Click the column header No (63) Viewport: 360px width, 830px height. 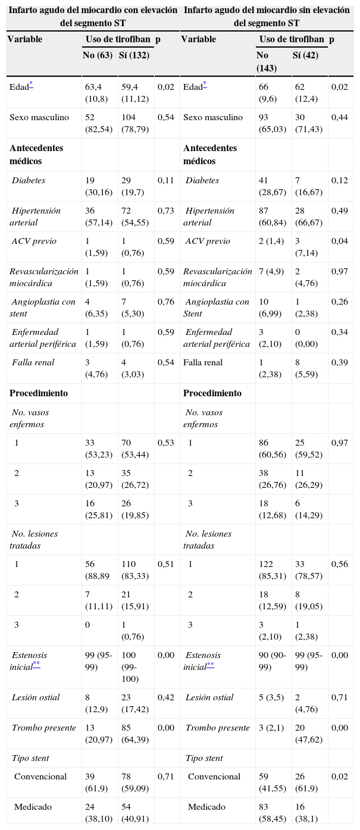click(99, 55)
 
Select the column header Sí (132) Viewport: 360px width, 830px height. click(135, 55)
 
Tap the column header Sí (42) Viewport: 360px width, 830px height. click(305, 55)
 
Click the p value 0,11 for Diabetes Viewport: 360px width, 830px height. click(166, 180)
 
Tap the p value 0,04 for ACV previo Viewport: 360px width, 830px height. click(339, 241)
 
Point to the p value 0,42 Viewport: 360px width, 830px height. click(166, 697)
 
